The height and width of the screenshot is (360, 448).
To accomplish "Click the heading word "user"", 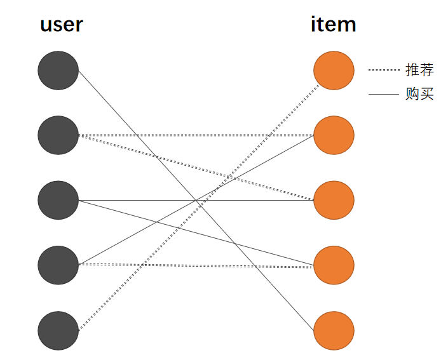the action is (x=62, y=25).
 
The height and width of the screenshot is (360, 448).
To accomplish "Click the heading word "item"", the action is (x=334, y=24).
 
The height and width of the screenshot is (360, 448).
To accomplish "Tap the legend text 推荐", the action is (x=419, y=70).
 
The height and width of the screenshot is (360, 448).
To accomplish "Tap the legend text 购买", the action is (x=419, y=93).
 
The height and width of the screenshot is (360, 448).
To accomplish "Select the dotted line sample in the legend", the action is (x=384, y=70).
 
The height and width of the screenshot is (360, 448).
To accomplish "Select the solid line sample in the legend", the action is (x=384, y=94).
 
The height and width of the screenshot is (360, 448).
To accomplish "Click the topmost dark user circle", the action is (x=58, y=70).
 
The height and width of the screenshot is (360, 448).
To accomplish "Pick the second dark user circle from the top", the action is (x=58, y=135).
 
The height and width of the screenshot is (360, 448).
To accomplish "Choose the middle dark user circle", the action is (x=58, y=200).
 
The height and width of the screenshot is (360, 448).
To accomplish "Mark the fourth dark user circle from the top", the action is (x=58, y=265).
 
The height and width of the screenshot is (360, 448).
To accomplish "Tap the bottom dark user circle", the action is (x=58, y=331).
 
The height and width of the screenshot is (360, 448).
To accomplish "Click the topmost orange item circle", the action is (x=334, y=70).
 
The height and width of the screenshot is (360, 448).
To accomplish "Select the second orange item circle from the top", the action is (x=334, y=135).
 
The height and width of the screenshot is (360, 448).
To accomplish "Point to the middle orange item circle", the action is (x=334, y=200).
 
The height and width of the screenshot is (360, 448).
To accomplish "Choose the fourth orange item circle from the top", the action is (x=334, y=265).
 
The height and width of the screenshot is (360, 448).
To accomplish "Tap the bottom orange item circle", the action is (x=334, y=331).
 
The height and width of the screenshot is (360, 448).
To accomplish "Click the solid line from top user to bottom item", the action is (x=196, y=201).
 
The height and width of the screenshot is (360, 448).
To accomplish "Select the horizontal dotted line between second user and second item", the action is (x=196, y=135).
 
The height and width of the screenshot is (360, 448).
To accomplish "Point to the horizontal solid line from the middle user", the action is (x=196, y=201).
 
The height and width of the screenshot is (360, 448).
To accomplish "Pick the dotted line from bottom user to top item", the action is (x=199, y=207).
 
